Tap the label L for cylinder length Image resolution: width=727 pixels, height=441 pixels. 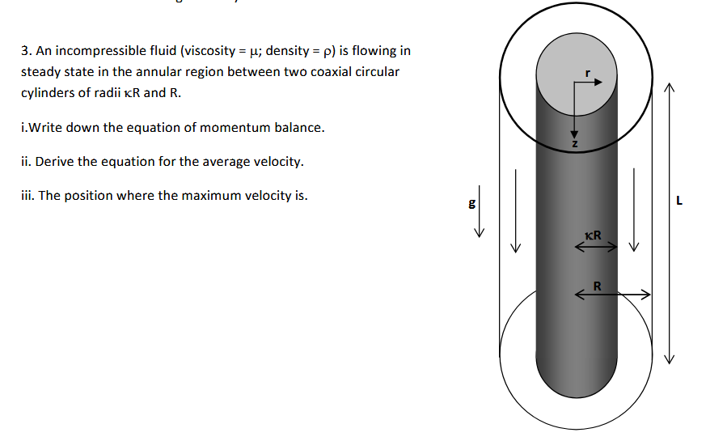tap(680, 202)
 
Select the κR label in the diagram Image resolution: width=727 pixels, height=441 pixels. tap(592, 235)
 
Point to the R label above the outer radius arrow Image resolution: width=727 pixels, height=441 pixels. tap(597, 286)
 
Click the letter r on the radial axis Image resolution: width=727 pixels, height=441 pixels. tap(590, 74)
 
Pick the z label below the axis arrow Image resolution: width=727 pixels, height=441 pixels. tap(574, 143)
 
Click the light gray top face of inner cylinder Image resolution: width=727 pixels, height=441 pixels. tap(566, 65)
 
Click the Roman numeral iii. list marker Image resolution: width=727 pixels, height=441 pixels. tap(27, 196)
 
